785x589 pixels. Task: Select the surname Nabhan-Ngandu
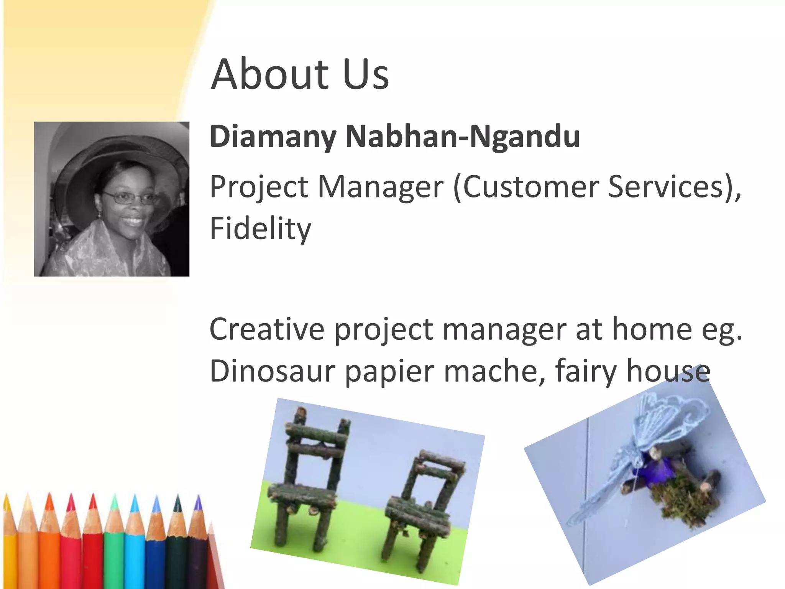tap(462, 137)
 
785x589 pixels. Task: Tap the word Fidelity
tap(260, 229)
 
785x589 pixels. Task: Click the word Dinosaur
tap(272, 371)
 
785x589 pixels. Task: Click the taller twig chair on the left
tap(309, 479)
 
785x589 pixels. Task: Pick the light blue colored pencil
tap(135, 545)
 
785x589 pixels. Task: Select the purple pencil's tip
tap(198, 502)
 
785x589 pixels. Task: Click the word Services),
tap(674, 187)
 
